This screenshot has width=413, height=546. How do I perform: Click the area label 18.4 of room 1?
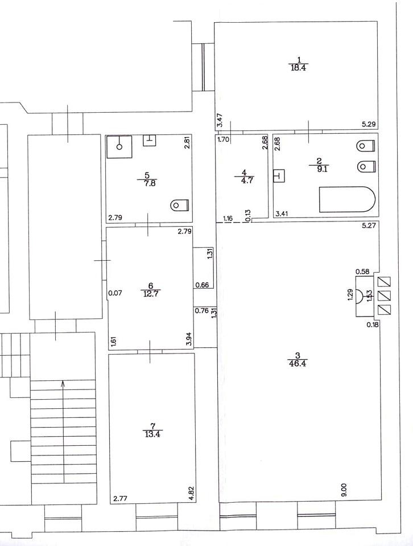click(x=299, y=68)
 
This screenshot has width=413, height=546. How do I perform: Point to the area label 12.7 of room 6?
click(x=151, y=293)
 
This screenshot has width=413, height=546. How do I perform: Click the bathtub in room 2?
click(x=347, y=199)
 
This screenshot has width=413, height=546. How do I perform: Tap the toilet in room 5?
click(x=179, y=205)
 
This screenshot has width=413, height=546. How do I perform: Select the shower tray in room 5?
click(x=119, y=146)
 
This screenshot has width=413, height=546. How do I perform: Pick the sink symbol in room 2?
click(x=279, y=175)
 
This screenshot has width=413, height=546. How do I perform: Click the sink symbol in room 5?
click(x=149, y=140)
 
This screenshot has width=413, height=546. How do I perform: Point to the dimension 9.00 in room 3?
click(x=344, y=490)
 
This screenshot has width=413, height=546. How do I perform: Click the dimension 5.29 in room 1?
click(x=369, y=124)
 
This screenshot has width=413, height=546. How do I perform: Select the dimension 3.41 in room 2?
click(x=282, y=214)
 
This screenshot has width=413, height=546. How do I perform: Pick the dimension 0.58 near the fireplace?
click(x=362, y=271)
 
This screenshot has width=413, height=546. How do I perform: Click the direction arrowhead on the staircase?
click(x=63, y=384)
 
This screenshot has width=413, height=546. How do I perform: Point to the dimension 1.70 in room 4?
click(x=223, y=139)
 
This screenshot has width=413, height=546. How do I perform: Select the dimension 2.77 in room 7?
click(x=120, y=499)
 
